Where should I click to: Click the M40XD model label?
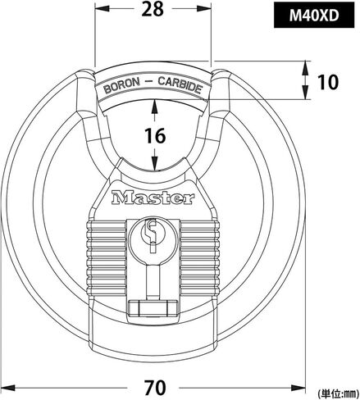pos(314,16)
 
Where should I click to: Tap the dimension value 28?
pos(153,9)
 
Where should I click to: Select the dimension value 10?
pos(328,82)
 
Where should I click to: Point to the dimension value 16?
pos(155,136)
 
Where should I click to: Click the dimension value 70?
pos(155,387)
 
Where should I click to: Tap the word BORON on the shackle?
pos(122,85)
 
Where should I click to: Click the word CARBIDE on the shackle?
pos(180,84)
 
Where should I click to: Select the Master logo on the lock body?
pos(153,198)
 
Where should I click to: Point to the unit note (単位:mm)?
pos(339,393)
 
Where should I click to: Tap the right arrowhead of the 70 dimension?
pos(298,388)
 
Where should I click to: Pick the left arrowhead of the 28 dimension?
pos(101,9)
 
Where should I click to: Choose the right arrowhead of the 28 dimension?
pos(204,9)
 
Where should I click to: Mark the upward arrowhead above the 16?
pos(155,107)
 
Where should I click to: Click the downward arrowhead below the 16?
pos(155,164)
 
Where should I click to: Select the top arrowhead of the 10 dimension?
pos(305,67)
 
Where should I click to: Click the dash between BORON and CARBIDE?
pos(149,81)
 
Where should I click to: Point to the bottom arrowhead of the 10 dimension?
pos(305,93)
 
